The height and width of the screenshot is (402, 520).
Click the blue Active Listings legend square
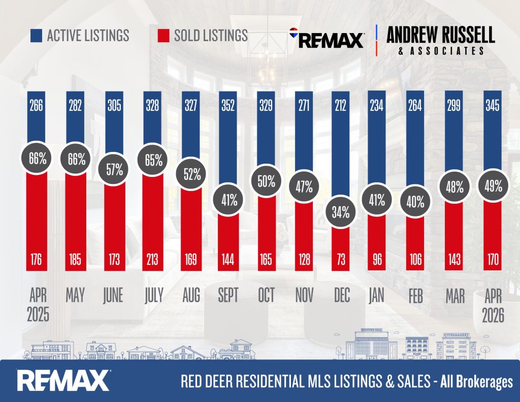tap(36, 36)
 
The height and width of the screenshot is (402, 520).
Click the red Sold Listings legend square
tap(164, 36)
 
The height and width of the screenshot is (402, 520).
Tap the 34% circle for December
tap(341, 212)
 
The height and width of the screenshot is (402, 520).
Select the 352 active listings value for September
tap(228, 106)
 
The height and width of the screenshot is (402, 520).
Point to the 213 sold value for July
tap(152, 259)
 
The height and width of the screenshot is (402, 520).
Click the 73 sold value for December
tap(341, 259)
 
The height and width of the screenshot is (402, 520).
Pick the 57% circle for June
tap(114, 169)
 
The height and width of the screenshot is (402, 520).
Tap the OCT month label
tap(266, 295)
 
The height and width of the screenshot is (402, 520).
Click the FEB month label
tap(415, 295)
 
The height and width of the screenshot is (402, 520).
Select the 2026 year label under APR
tap(493, 315)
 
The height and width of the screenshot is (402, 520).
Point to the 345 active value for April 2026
tap(493, 106)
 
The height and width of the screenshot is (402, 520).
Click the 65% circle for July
tap(153, 160)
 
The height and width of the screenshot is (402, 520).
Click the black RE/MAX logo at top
tap(327, 38)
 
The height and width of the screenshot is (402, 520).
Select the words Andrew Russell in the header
tap(441, 35)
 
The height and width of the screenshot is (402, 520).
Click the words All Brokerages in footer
tap(476, 382)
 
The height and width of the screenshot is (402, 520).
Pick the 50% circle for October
tap(266, 181)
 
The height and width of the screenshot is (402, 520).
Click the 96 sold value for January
tap(377, 259)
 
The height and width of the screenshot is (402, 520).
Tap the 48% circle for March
tap(454, 187)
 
